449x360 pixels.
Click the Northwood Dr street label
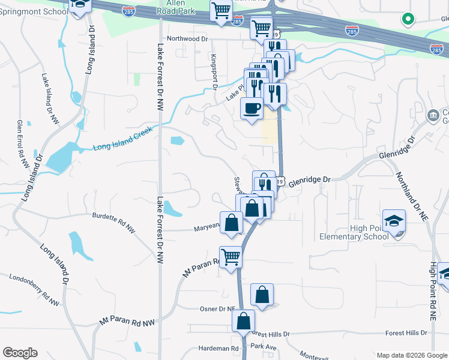(x=187, y=38)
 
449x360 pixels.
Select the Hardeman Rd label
(x=218, y=348)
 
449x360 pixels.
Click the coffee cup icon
(x=252, y=109)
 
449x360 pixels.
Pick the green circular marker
(x=408, y=20)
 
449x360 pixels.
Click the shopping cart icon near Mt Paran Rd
(x=231, y=257)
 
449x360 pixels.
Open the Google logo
(x=20, y=353)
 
